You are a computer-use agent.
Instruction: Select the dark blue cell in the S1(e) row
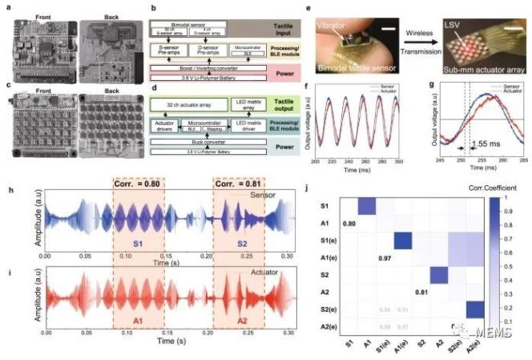(404, 240)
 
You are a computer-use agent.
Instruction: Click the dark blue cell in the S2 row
(438, 276)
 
